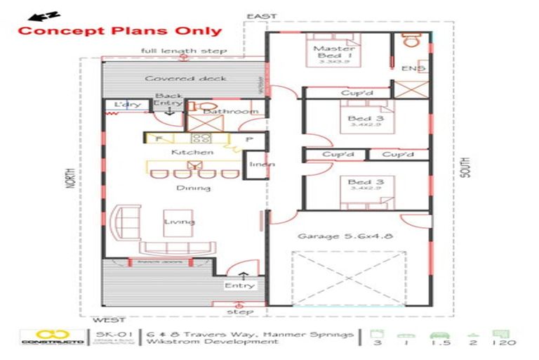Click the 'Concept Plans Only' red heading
point(119,31)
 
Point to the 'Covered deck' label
point(176,78)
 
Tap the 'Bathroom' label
point(230,111)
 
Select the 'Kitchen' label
point(192,152)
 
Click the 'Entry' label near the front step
point(239,285)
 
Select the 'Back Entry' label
point(168,100)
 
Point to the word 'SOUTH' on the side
point(467,167)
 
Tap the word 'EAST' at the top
point(262,16)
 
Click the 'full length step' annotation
point(184,51)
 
